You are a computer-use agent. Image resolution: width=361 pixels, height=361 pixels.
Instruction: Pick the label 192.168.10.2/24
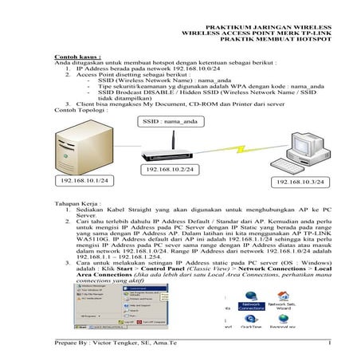(x=170, y=171)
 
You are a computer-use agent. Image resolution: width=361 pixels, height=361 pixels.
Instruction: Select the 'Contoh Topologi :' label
(x=76, y=109)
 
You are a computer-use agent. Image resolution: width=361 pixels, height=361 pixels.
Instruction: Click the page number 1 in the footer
(x=328, y=343)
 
